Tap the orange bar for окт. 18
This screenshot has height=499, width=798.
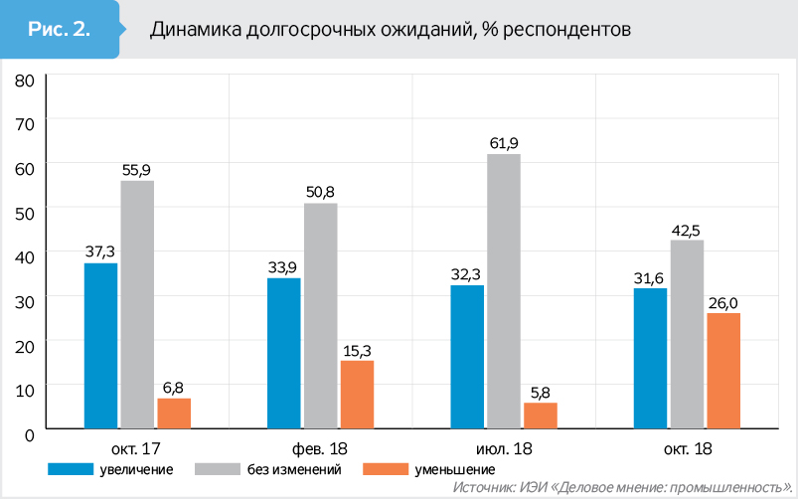pyautogui.click(x=724, y=370)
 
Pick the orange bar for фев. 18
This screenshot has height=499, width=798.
pyautogui.click(x=357, y=394)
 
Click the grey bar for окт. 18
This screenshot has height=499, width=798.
pyautogui.click(x=687, y=333)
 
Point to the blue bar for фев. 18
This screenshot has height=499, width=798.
pyautogui.click(x=284, y=352)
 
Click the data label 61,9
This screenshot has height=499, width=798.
pyautogui.click(x=504, y=143)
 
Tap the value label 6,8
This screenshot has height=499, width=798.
pyautogui.click(x=174, y=387)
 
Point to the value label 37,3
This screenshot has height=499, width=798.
pyautogui.click(x=100, y=251)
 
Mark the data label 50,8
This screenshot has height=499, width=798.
pyautogui.click(x=321, y=192)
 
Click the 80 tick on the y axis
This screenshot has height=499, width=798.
pyautogui.click(x=26, y=79)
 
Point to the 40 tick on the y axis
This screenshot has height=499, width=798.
pyautogui.click(x=26, y=254)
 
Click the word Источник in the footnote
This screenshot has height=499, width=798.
pyautogui.click(x=481, y=487)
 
